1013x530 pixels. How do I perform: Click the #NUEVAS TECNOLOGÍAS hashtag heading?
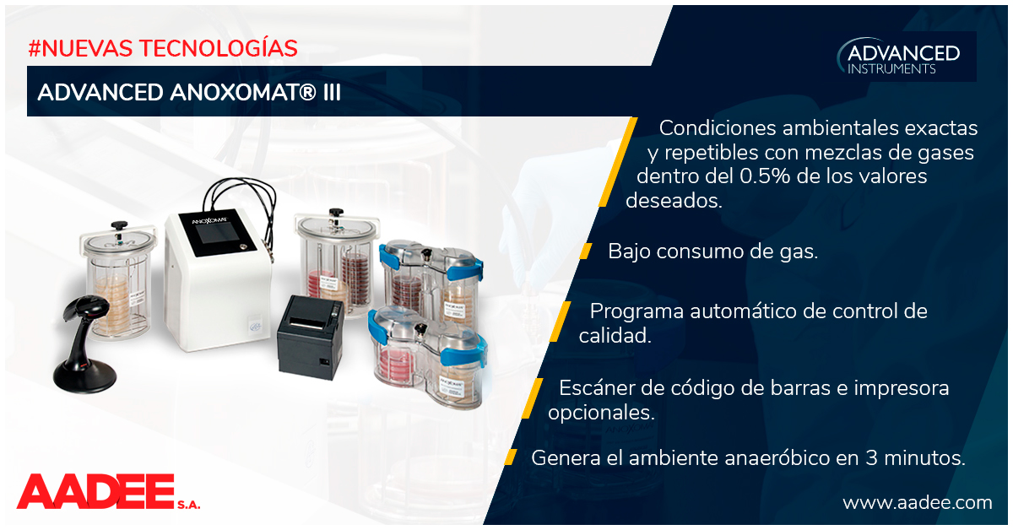163,48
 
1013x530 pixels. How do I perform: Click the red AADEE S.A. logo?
108,493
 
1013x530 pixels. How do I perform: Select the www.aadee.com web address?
917,503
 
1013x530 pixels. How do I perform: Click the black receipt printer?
311,337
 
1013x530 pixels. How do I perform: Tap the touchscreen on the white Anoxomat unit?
218,234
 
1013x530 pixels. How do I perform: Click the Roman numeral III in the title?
332,92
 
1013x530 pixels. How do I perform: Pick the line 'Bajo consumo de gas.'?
712,251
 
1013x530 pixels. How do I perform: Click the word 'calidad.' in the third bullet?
615,336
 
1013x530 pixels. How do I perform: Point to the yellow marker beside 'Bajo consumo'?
586,251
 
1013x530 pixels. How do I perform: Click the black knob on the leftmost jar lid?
119,224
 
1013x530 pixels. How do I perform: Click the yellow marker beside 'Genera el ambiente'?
511,457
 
